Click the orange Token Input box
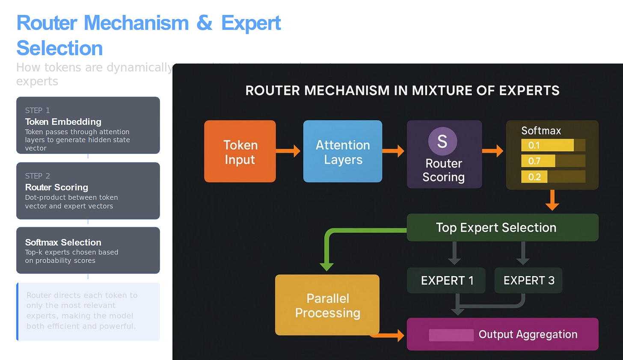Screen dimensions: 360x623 (x=240, y=151)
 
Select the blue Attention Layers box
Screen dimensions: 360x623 (x=342, y=151)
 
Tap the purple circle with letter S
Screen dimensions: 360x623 (x=442, y=142)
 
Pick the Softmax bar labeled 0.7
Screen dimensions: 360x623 (x=538, y=161)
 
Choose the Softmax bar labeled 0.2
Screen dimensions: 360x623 (x=534, y=177)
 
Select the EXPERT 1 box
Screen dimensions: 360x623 (x=446, y=280)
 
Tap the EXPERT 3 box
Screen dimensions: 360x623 (x=528, y=280)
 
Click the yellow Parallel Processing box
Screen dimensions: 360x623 (x=327, y=305)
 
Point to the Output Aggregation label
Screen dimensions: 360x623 (x=528, y=334)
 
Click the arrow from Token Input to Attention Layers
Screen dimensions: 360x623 (x=289, y=150)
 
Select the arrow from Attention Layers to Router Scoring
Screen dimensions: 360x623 (x=393, y=150)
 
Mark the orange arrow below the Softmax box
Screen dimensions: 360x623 (x=552, y=200)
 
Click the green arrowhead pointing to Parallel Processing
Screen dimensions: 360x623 (x=326, y=266)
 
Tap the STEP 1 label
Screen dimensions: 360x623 (x=37, y=110)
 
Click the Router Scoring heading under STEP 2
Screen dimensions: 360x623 (x=56, y=187)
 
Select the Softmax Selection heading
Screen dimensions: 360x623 (x=63, y=242)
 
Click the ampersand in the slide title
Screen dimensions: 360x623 (x=205, y=23)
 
